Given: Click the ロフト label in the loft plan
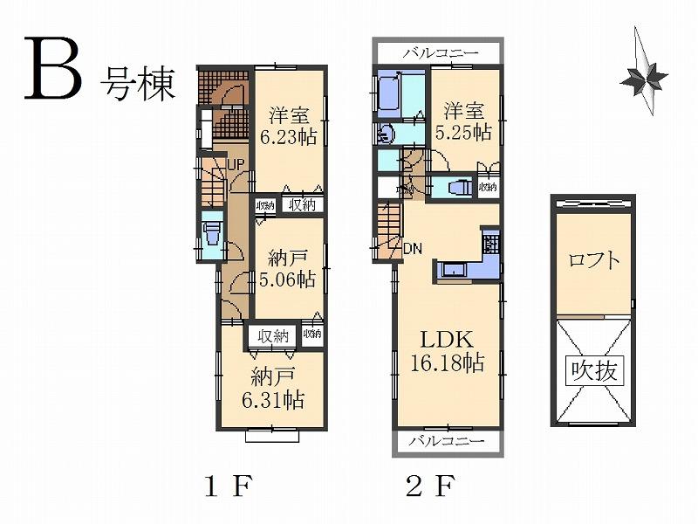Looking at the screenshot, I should click(595, 260).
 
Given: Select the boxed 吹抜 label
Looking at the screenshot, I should click(596, 370).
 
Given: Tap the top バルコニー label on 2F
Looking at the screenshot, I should click(441, 54).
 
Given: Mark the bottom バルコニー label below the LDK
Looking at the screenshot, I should click(446, 441).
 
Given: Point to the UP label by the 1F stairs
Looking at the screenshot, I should click(234, 163).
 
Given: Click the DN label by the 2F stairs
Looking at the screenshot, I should click(413, 248).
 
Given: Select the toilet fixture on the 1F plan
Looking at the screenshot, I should click(210, 234).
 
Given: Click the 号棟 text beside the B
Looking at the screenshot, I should click(140, 82).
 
